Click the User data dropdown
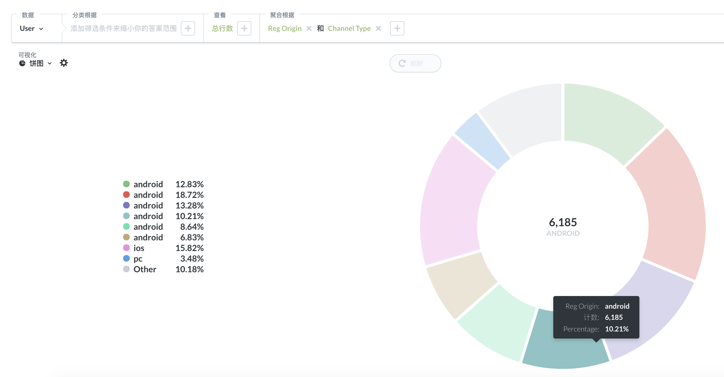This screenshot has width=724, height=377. coord(31,28)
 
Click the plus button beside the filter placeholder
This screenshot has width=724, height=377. coord(188,28)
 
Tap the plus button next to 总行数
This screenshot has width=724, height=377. coord(244,28)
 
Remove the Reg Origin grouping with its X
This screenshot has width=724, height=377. coord(309,28)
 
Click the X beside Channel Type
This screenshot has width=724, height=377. coord(378,28)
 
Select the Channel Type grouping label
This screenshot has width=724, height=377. coord(349,28)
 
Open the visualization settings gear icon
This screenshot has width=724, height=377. coord(64,63)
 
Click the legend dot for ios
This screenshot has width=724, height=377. coord(126,248)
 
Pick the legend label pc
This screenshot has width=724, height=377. coord(138,259)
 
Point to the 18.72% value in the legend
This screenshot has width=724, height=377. coord(189,195)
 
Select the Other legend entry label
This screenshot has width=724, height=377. coord(145,269)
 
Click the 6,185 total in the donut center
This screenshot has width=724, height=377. coord(563,222)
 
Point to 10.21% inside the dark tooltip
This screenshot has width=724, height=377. coord(617,329)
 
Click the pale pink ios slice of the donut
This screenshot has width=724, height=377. coord(452,202)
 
